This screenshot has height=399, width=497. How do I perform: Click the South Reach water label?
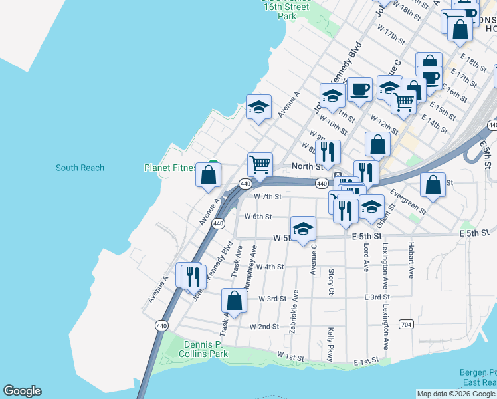point(80,168)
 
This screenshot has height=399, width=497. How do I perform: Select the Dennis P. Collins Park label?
point(203,350)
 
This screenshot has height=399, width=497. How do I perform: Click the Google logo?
point(22,391)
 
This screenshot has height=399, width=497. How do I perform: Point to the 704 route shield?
point(405,324)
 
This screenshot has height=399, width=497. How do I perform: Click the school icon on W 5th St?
point(303,229)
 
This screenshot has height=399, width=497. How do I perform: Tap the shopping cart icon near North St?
point(260,164)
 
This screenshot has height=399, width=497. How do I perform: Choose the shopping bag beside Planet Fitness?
point(209,175)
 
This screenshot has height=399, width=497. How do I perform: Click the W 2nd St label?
point(264,327)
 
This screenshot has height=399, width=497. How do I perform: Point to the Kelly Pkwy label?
point(330,344)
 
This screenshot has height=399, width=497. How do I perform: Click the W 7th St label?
point(268,196)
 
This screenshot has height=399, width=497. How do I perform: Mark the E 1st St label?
point(365,362)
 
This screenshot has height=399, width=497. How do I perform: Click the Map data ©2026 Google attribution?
point(455,394)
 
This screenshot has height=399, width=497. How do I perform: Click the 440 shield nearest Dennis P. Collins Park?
point(161,325)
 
